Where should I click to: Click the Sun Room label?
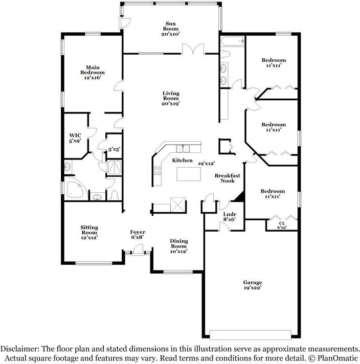[x=171, y=26]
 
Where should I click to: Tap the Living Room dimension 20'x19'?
[x=171, y=104]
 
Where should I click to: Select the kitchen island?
[x=189, y=174]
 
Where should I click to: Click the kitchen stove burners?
[x=157, y=171]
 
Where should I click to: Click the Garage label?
[x=253, y=282]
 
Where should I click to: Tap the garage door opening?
[x=251, y=335]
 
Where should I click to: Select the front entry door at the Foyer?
[x=138, y=251]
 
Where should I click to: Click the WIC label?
[x=75, y=135]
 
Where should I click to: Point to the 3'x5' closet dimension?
[x=114, y=149]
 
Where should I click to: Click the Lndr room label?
[x=230, y=214]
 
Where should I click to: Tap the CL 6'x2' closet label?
[x=282, y=225]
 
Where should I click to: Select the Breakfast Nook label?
[x=228, y=178]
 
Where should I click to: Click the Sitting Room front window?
[x=94, y=263]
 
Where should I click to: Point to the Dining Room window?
[x=178, y=272]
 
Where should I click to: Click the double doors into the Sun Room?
[x=193, y=50]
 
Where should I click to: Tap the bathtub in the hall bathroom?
[x=233, y=41]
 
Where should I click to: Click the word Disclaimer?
[x=20, y=349]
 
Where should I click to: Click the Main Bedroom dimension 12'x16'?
[x=93, y=78]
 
